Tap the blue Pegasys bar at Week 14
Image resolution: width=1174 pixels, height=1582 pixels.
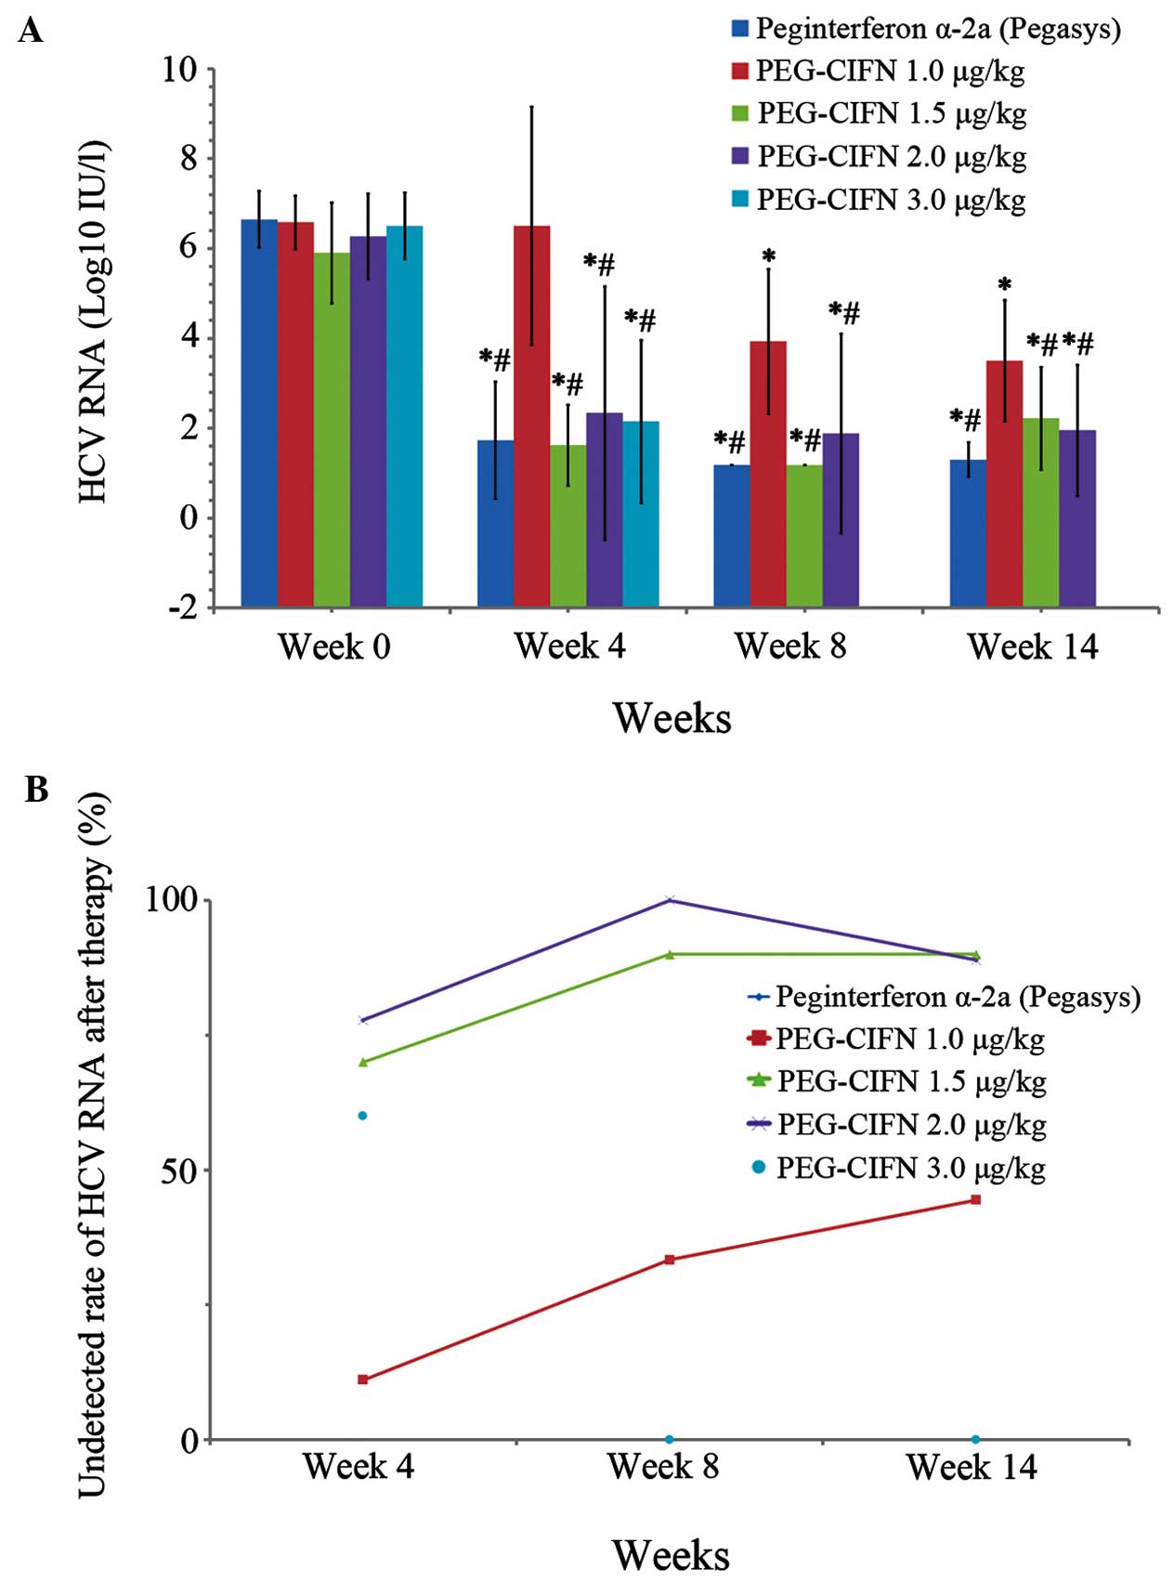pyautogui.click(x=967, y=533)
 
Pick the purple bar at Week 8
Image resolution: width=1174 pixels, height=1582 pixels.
pyautogui.click(x=841, y=520)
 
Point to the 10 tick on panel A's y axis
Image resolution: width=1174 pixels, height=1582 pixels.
pyautogui.click(x=180, y=69)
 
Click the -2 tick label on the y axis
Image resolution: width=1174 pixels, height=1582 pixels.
pyautogui.click(x=182, y=608)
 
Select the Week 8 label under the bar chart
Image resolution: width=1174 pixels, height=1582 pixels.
pyautogui.click(x=790, y=647)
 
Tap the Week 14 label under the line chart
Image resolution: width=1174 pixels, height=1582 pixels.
pyautogui.click(x=972, y=1468)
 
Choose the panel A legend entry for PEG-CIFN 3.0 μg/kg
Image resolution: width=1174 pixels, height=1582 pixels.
pyautogui.click(x=890, y=200)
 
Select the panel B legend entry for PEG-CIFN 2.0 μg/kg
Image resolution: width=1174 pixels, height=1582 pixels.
pyautogui.click(x=911, y=1125)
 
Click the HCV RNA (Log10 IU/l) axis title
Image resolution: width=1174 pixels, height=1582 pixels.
pyautogui.click(x=93, y=321)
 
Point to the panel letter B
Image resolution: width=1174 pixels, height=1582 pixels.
pyautogui.click(x=36, y=790)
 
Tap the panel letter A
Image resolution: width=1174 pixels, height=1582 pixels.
pyautogui.click(x=31, y=32)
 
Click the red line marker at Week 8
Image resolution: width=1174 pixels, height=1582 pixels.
pyautogui.click(x=669, y=1260)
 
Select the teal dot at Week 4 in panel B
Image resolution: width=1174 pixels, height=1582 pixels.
pyautogui.click(x=363, y=1116)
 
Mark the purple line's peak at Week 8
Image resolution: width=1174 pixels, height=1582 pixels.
pyautogui.click(x=669, y=900)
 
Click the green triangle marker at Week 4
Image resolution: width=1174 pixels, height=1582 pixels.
pyautogui.click(x=363, y=1062)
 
